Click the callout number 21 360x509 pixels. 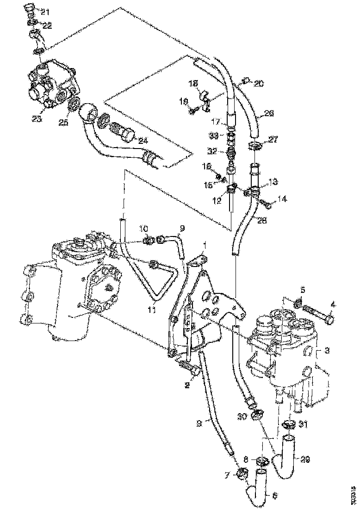tap(45, 11)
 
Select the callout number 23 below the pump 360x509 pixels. tap(37, 118)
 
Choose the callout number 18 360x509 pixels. tap(193, 83)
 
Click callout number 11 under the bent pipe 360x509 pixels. tap(151, 310)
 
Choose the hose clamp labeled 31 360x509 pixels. tap(289, 424)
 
